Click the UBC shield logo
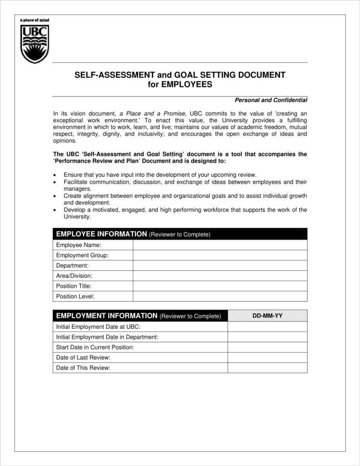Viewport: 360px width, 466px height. click(x=35, y=44)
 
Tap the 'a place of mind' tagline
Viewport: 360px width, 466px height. click(x=34, y=20)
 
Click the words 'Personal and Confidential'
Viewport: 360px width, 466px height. click(x=270, y=100)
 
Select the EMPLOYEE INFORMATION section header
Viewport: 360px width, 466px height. click(x=101, y=234)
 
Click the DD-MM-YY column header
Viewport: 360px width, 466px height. click(x=267, y=316)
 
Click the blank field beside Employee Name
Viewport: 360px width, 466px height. click(x=220, y=245)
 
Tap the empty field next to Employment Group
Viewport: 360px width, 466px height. click(x=220, y=255)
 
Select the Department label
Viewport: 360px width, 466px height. click(x=72, y=266)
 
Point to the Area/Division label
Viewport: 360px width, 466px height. click(x=74, y=276)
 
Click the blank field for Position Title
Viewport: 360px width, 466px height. click(x=220, y=286)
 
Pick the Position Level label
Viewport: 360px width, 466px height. click(x=75, y=296)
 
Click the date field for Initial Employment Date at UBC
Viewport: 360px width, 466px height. click(x=267, y=327)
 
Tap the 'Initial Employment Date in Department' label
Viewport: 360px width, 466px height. click(x=107, y=337)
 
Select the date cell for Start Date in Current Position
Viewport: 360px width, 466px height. click(x=267, y=347)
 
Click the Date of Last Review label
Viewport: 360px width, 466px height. click(x=83, y=358)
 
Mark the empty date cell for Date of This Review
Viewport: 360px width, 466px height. click(x=267, y=368)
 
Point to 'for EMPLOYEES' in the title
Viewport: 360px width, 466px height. click(x=180, y=85)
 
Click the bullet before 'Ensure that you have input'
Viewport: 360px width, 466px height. click(x=55, y=175)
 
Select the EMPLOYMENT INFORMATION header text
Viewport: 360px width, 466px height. click(x=106, y=316)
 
